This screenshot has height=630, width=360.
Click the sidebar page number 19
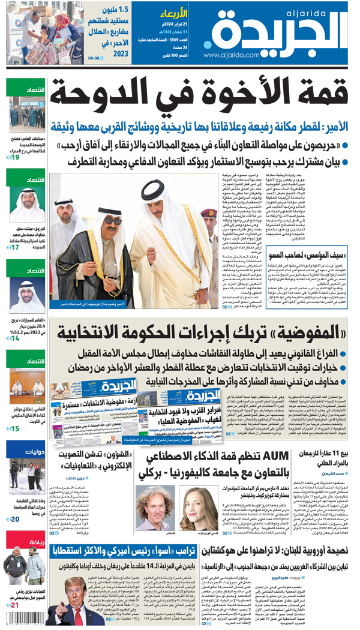[x=14, y=157]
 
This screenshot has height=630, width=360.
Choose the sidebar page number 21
[x=14, y=605]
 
